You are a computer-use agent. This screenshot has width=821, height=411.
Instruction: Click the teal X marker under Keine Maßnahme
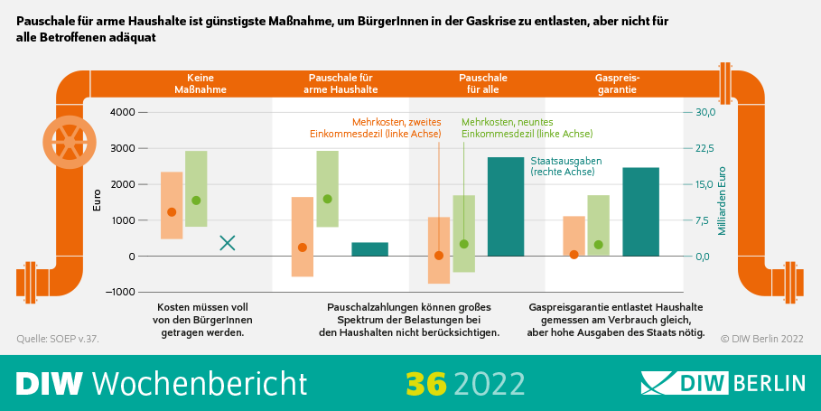click(x=228, y=242)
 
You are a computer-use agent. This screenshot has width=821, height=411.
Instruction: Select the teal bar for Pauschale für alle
click(x=506, y=207)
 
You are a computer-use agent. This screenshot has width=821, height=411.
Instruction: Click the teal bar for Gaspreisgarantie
click(x=640, y=211)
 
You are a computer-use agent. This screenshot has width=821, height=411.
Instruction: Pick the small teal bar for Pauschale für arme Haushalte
click(x=369, y=249)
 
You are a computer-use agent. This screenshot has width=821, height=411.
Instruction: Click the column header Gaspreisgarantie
click(x=616, y=84)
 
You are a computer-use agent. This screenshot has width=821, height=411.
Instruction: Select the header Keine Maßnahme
click(x=201, y=84)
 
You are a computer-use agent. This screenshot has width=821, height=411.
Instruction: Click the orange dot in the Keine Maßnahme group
click(x=172, y=212)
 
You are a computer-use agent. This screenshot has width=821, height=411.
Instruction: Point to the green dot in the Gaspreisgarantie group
click(x=598, y=245)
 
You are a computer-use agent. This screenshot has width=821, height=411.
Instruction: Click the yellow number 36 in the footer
click(x=426, y=383)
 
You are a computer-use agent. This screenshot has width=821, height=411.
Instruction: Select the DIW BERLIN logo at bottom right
click(x=723, y=383)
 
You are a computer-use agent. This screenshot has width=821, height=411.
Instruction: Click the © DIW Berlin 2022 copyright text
click(x=761, y=339)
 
